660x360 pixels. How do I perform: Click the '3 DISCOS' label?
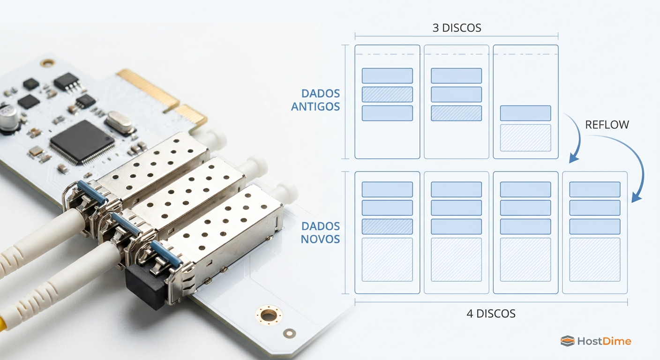click(457, 28)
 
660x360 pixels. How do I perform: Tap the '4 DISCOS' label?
click(491, 314)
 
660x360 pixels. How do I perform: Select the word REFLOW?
click(607, 125)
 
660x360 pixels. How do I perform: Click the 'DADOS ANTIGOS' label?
click(315, 100)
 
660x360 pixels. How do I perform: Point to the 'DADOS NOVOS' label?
click(320, 232)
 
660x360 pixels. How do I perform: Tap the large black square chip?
click(82, 142)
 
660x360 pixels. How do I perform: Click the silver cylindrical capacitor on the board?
click(9, 117)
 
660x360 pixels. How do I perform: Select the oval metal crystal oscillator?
click(119, 122)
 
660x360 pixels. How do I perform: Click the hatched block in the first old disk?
click(387, 94)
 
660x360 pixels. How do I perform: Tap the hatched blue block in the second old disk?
click(457, 113)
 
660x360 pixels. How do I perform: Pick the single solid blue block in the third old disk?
click(525, 113)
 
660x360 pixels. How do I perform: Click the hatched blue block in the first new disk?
click(387, 226)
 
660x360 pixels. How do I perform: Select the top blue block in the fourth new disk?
click(595, 189)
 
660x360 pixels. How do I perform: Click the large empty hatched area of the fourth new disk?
click(595, 260)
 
